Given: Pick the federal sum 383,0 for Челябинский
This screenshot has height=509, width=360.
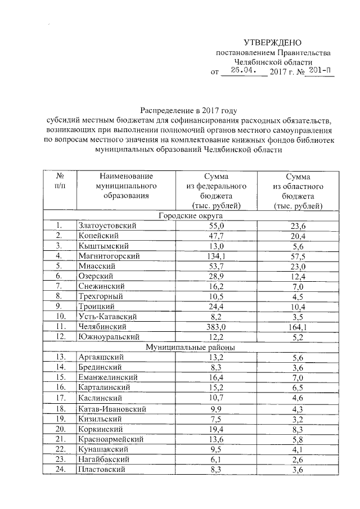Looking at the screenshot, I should (217, 326).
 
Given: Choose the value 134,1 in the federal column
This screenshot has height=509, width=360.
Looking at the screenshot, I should (217, 256).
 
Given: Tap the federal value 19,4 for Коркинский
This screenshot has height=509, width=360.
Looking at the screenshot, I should (217, 429).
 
